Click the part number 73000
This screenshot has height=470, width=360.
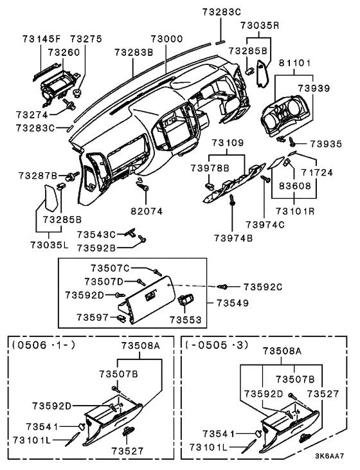(167, 39)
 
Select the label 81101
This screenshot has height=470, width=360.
(295, 63)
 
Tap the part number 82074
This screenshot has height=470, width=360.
(147, 212)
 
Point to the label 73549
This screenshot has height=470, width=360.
(233, 303)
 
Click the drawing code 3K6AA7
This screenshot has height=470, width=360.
(329, 456)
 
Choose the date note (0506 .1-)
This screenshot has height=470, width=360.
(44, 345)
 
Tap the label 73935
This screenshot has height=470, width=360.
(326, 144)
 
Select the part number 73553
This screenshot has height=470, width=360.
(186, 320)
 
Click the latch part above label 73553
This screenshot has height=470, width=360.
(186, 300)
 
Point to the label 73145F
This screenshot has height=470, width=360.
(41, 39)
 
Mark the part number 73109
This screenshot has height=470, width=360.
(228, 143)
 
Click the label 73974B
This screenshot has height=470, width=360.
(233, 239)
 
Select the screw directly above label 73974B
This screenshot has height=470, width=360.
(232, 200)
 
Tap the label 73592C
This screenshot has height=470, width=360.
(262, 287)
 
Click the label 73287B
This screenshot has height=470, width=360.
(38, 176)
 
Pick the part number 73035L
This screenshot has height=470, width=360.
(49, 245)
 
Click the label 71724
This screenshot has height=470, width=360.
(317, 173)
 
